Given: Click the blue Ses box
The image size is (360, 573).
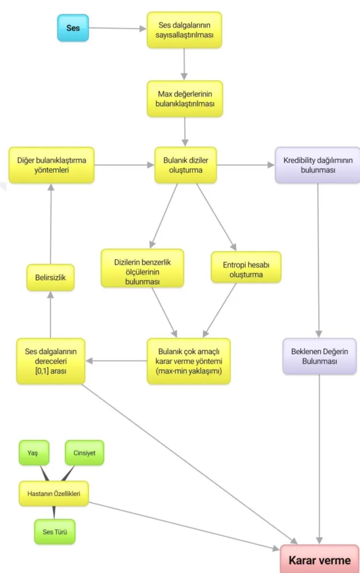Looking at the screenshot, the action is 73,28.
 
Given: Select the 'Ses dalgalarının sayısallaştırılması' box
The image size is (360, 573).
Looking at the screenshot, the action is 184,30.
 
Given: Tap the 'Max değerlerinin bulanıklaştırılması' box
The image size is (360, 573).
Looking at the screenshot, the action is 184,99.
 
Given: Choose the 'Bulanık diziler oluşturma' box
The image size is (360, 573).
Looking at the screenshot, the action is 185,165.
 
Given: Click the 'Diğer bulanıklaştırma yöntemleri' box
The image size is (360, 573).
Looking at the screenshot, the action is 52,165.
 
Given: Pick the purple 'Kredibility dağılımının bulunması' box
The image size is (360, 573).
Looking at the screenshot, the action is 318,165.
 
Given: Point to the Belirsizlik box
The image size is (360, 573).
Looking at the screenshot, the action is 51,277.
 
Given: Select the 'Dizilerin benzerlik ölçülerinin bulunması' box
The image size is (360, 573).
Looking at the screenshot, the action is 142,268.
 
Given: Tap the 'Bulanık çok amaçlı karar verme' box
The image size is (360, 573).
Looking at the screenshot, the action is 188,361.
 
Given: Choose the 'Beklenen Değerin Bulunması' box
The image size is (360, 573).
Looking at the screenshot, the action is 319,357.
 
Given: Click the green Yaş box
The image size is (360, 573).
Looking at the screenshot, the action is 34,453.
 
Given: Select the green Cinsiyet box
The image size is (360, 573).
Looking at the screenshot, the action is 84,453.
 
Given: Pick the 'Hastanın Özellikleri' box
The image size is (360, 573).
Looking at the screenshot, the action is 54,493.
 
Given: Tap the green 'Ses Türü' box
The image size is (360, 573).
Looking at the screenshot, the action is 55,532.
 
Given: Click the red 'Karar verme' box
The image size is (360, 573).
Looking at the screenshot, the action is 319,559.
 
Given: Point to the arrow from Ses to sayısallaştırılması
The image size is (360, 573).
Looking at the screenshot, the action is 118,28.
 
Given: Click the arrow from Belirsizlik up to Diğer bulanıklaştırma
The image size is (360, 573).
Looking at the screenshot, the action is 51,224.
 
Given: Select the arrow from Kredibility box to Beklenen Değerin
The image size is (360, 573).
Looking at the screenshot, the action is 318,261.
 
